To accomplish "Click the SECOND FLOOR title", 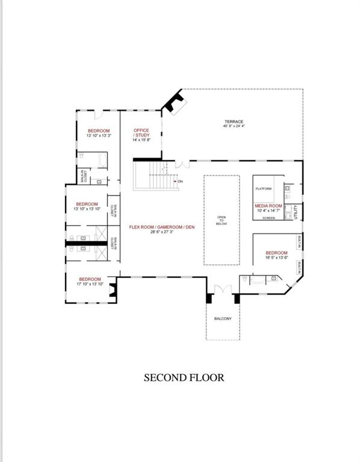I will click(184, 378).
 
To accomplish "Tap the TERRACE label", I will click(233, 122).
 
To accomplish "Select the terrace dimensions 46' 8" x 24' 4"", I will click(233, 126).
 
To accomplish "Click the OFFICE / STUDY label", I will click(141, 132).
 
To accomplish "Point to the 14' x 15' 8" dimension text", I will click(141, 140).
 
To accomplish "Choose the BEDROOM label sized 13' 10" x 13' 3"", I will click(99, 131).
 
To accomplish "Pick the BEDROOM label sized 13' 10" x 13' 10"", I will click(87, 204).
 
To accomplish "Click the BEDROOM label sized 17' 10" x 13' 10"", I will click(90, 279).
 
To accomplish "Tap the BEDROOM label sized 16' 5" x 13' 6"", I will click(276, 253).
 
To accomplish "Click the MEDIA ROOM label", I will click(268, 206).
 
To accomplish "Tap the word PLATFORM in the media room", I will click(264, 189).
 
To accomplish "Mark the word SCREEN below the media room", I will click(268, 218).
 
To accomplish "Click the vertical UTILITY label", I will click(296, 212).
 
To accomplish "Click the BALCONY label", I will click(223, 318).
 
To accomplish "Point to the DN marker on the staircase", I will click(179, 181).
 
